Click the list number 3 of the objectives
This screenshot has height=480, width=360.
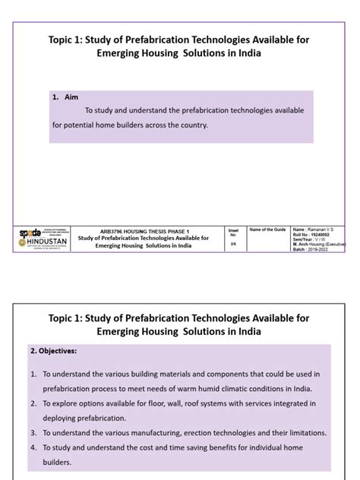[34, 433]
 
